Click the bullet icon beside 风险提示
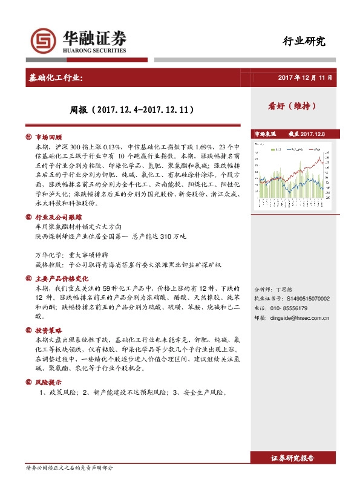click(x=28, y=383)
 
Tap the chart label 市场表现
click(x=264, y=134)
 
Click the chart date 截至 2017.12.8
click(x=306, y=134)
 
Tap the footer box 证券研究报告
click(x=293, y=459)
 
